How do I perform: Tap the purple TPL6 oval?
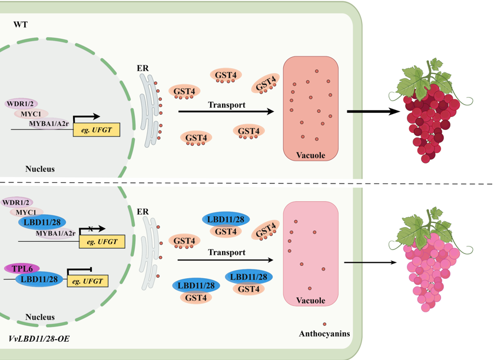point(22,268)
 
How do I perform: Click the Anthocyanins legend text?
point(324,334)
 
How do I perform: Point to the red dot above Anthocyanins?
point(324,324)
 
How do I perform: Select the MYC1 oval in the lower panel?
point(29,212)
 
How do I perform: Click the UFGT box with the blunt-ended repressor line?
point(87,281)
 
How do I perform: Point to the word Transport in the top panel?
point(227,105)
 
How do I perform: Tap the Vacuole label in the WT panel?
point(311,155)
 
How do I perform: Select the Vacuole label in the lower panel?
point(311,301)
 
